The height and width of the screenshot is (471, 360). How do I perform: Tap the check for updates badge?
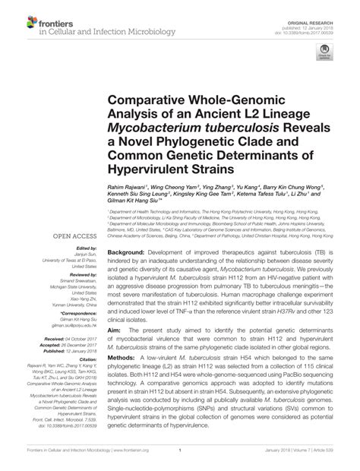[327, 54]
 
